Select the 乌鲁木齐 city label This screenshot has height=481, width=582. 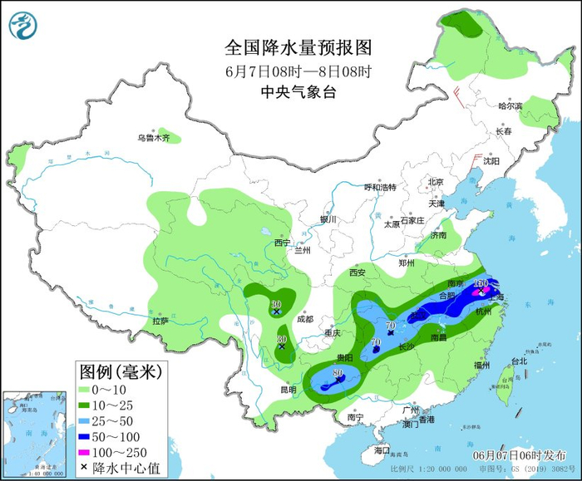click(154, 138)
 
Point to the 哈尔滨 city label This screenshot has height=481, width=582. click(510, 106)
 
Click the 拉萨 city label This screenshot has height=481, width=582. click(160, 320)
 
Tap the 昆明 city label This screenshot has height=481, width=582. click(288, 389)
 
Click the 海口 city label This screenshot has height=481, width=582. click(382, 449)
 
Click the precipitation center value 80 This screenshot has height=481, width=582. click(337, 373)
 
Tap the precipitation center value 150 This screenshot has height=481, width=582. click(480, 283)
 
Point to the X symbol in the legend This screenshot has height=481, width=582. click(85, 468)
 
